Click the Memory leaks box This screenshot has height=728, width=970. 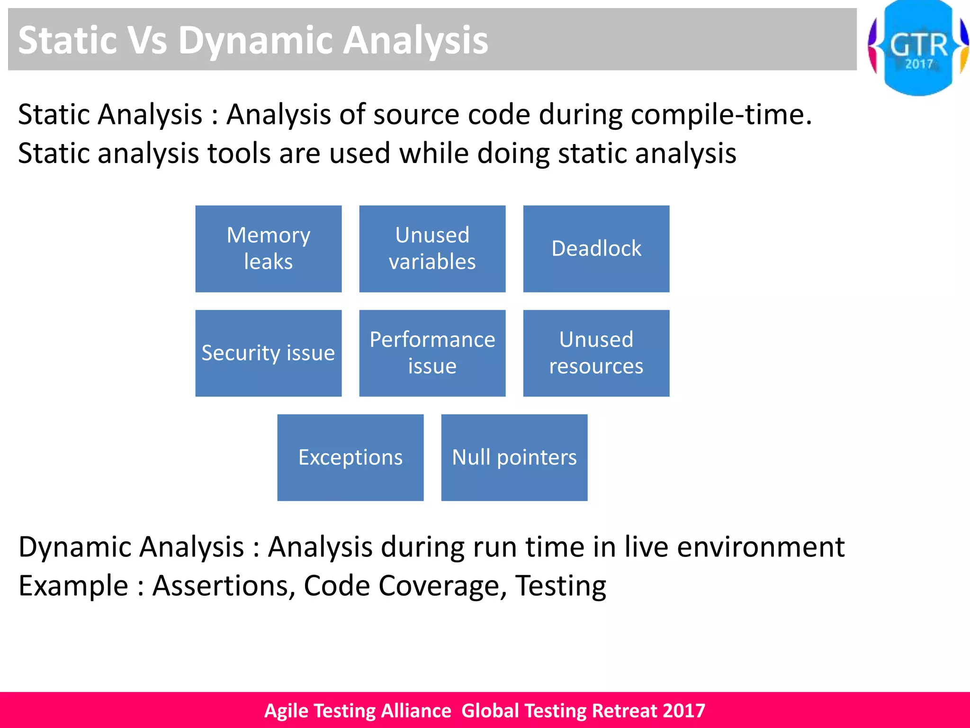click(x=268, y=248)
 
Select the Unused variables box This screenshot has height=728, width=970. click(x=432, y=248)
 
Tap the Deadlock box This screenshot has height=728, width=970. click(x=596, y=248)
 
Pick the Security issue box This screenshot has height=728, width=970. click(x=268, y=353)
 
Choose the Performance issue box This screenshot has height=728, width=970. click(x=432, y=353)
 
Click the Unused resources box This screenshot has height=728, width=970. click(x=596, y=353)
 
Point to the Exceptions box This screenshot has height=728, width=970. click(x=350, y=457)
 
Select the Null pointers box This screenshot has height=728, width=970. click(x=514, y=457)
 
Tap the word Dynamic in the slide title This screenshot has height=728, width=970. click(x=255, y=41)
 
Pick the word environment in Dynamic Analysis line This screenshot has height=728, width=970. click(x=761, y=547)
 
